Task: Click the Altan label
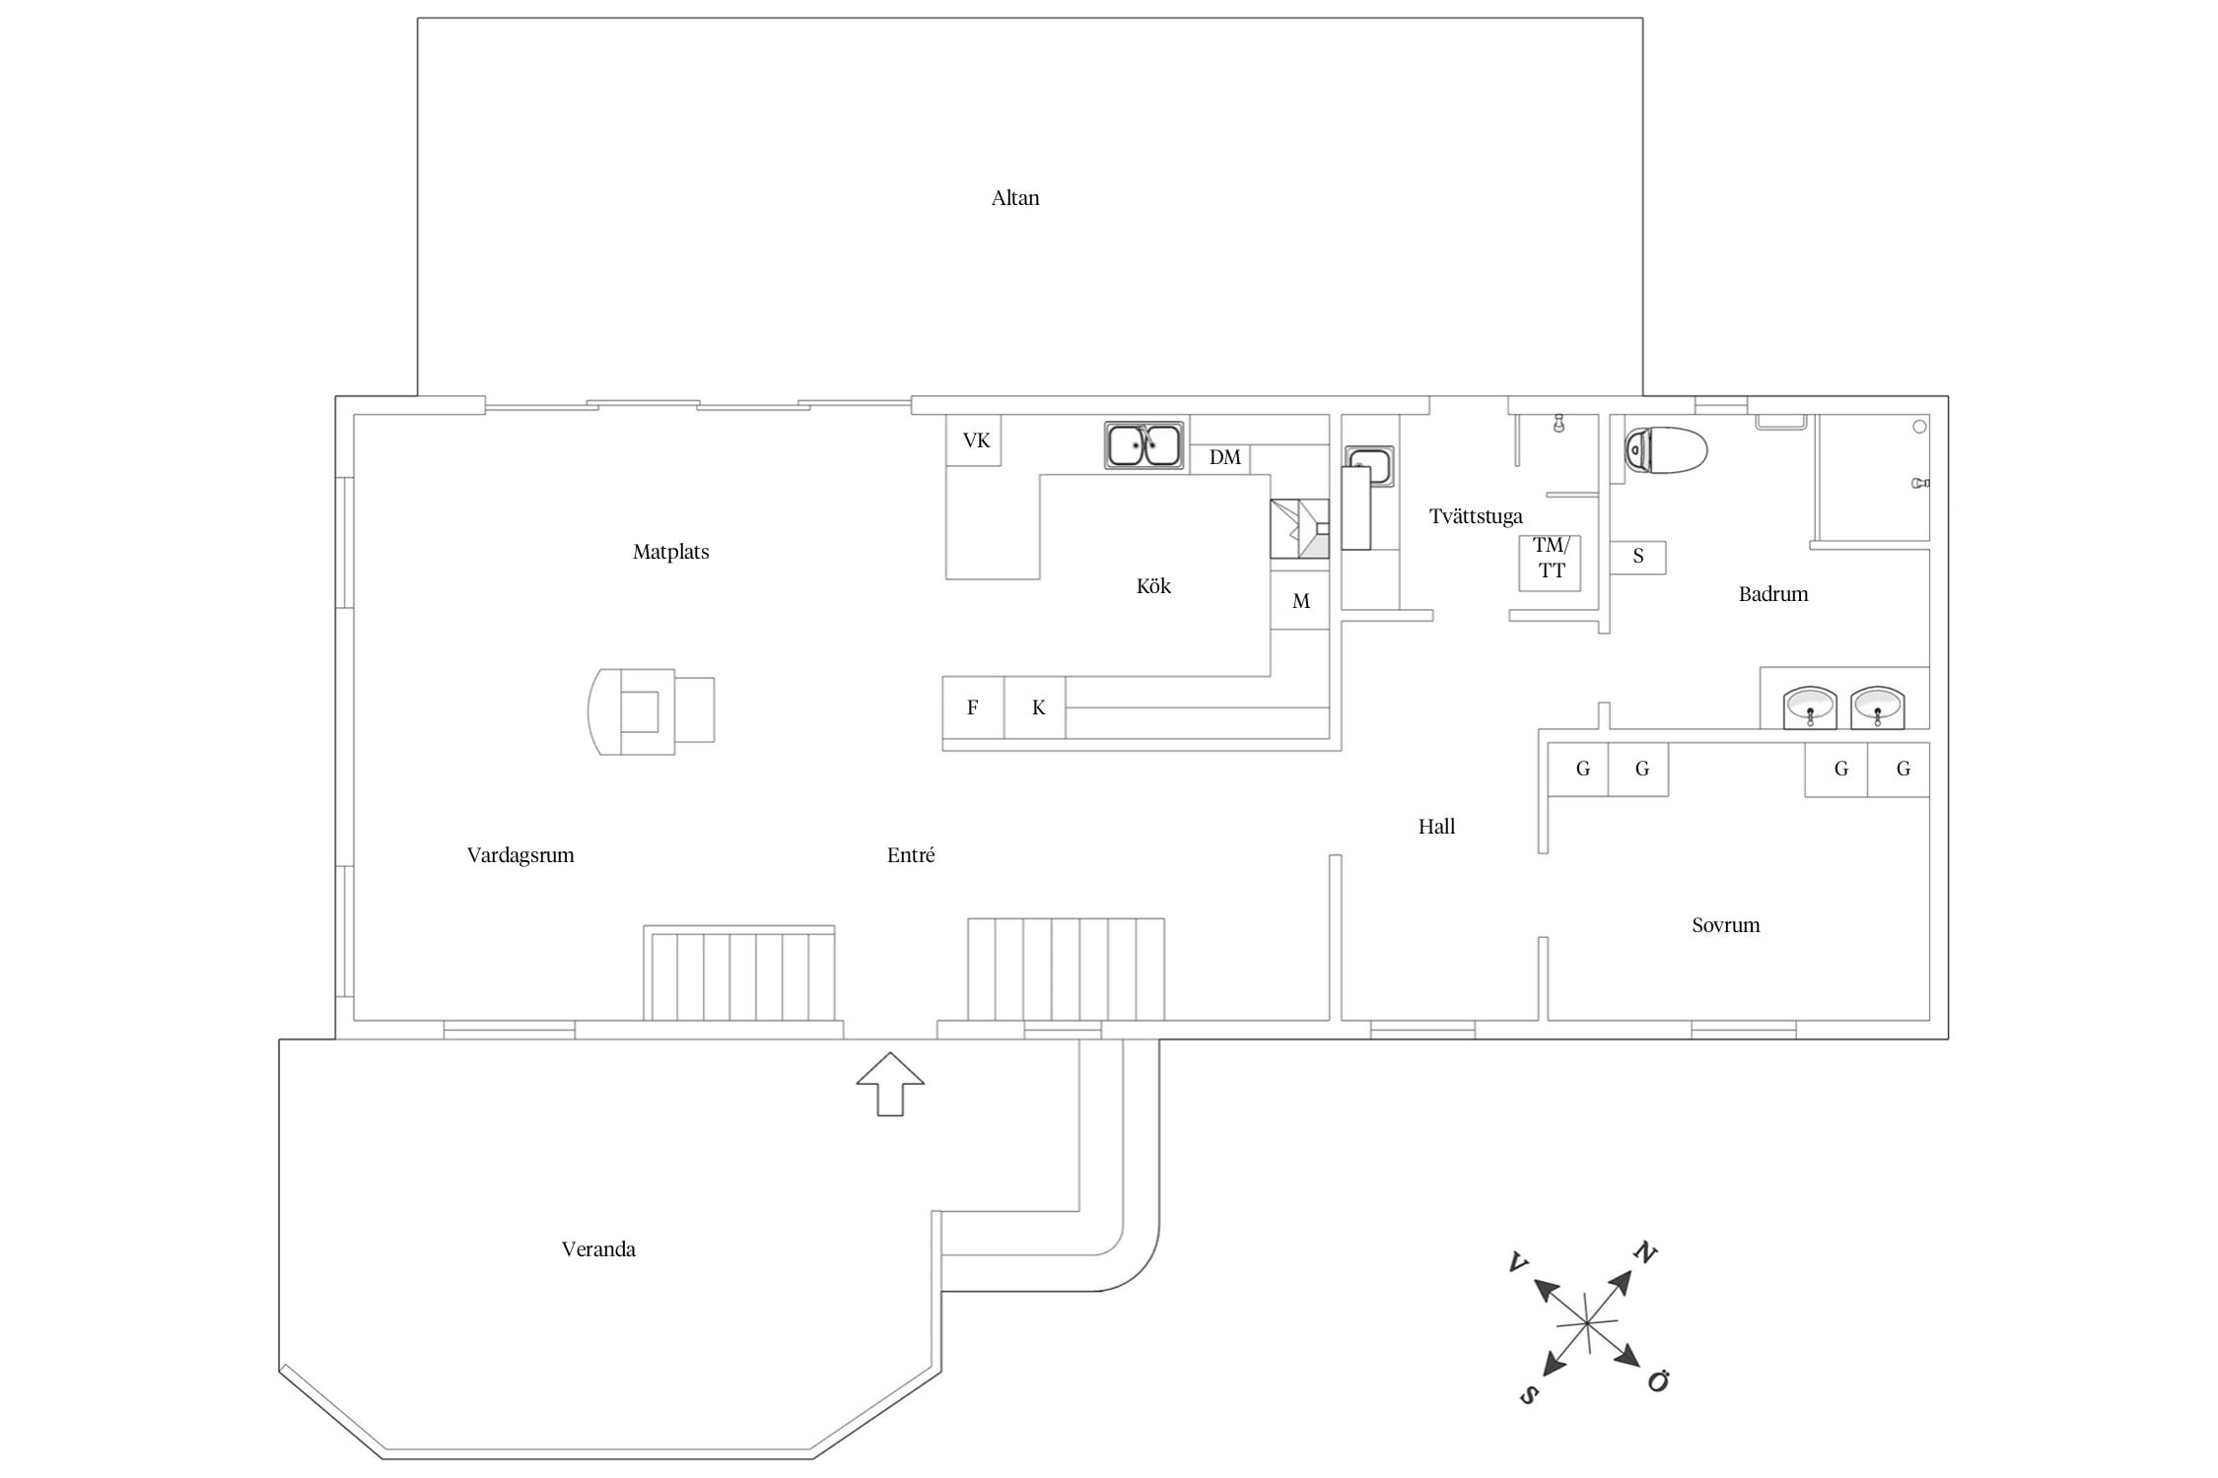(x=1014, y=198)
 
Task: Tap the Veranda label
(x=598, y=1249)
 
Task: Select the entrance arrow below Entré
(x=890, y=1084)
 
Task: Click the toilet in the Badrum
(x=1665, y=450)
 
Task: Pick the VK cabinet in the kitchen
(x=975, y=440)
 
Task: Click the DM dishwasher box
(x=1224, y=458)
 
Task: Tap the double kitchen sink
(x=1144, y=444)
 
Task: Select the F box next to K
(x=973, y=707)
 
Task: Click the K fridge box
(x=1037, y=707)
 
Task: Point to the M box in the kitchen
(x=1300, y=601)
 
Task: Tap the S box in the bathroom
(x=1637, y=557)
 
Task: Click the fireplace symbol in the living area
(x=651, y=710)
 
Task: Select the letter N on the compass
(x=1644, y=1253)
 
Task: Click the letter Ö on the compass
(x=1658, y=1381)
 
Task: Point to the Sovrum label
(x=1725, y=925)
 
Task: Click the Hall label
(x=1436, y=827)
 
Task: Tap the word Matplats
(x=670, y=552)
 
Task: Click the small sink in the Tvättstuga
(x=1370, y=465)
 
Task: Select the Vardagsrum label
(x=520, y=855)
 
